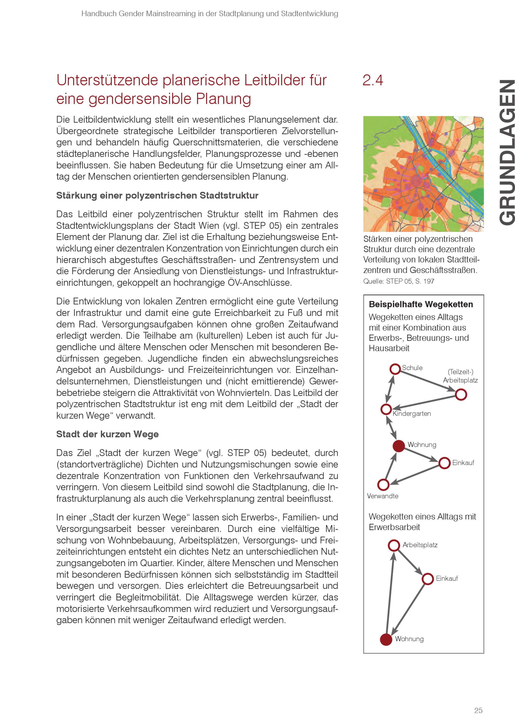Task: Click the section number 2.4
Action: click(372, 80)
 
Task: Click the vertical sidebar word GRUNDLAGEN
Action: click(505, 152)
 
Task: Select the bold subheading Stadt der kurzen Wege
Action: click(107, 434)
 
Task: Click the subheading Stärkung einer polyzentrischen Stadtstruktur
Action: click(157, 195)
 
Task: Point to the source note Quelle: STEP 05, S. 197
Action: click(399, 281)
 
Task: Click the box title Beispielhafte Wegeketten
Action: click(420, 304)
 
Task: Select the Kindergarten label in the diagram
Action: click(412, 413)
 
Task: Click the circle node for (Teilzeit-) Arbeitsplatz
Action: click(461, 395)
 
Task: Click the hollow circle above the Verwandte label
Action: click(383, 484)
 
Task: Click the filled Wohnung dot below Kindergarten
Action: click(399, 446)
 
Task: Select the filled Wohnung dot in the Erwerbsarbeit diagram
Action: click(386, 639)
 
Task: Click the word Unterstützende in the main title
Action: click(107, 80)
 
